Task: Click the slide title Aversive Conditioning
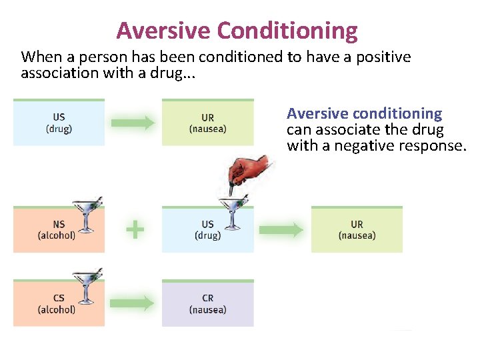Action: (237, 31)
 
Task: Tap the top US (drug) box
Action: (59, 123)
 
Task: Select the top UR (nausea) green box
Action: (207, 123)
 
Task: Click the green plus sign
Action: (135, 230)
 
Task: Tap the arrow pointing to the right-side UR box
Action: (281, 230)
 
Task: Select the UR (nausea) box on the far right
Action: (357, 230)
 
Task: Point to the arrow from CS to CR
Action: (131, 303)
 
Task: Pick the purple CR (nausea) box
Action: (207, 304)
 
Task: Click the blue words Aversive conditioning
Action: (364, 114)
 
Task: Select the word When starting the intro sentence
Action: (37, 57)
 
